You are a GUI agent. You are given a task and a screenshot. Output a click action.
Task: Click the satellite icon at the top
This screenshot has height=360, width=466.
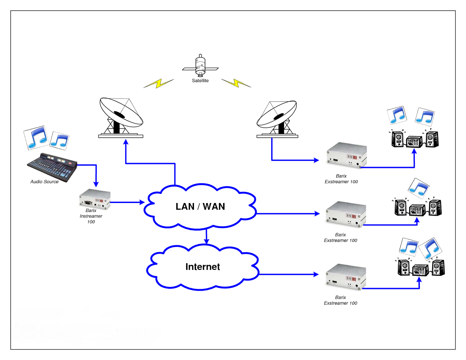point(200,66)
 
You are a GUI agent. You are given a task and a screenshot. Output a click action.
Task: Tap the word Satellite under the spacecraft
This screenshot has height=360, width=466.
point(200,81)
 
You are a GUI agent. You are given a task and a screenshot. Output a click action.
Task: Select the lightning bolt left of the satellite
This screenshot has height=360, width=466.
point(159,84)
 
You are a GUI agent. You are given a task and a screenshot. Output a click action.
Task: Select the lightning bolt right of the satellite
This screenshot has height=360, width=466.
point(236,83)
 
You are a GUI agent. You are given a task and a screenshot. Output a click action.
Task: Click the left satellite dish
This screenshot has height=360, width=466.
point(121,118)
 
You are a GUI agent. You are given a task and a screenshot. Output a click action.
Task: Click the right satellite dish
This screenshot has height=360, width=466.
point(277,119)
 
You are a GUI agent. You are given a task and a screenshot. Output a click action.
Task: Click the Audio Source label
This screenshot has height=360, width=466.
point(44,182)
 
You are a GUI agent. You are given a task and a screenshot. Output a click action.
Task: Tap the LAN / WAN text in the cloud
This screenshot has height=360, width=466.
point(200,207)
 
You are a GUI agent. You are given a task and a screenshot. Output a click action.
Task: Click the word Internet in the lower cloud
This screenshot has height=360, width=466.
point(202,267)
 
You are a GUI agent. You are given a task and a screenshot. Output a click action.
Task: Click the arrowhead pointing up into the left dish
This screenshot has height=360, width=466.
point(126,142)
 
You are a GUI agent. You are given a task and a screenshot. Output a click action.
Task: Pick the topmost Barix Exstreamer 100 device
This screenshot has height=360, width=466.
point(346,155)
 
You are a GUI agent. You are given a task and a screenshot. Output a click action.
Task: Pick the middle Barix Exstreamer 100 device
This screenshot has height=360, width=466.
point(346,214)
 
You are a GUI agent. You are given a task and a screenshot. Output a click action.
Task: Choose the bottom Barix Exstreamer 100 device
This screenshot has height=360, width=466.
point(346,276)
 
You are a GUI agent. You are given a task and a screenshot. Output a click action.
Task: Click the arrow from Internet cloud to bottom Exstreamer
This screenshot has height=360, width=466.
point(288,274)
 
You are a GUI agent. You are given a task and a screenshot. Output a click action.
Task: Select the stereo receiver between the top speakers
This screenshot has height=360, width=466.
point(414,142)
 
